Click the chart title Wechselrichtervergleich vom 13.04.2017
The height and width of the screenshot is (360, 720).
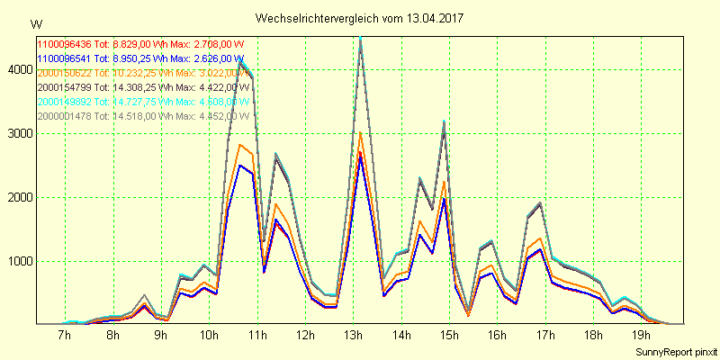[x=361, y=18]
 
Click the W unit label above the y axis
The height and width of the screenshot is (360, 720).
[x=35, y=23]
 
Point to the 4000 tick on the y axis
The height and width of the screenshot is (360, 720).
[x=18, y=69]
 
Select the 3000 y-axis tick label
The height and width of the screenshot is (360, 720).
[x=18, y=133]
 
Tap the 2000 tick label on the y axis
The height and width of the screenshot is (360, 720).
[x=18, y=197]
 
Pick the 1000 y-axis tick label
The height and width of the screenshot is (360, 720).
[x=18, y=262]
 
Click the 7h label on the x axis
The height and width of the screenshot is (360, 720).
[x=64, y=336]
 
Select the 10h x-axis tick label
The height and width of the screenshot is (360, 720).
[x=209, y=336]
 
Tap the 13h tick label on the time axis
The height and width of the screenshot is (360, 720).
[x=353, y=336]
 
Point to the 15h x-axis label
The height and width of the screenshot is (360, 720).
[x=449, y=336]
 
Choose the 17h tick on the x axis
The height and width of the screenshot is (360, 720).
[x=545, y=336]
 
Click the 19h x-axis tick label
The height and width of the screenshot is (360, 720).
[x=642, y=336]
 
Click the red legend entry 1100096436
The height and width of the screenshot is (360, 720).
[x=140, y=43]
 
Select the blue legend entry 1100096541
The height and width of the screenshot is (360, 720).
[x=140, y=58]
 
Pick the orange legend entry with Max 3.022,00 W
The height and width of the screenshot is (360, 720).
[x=140, y=72]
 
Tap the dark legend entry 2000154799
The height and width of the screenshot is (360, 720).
[x=140, y=87]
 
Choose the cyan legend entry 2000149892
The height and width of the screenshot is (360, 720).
[x=140, y=102]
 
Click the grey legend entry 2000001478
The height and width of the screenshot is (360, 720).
[x=140, y=116]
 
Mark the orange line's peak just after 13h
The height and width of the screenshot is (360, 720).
[x=360, y=133]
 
